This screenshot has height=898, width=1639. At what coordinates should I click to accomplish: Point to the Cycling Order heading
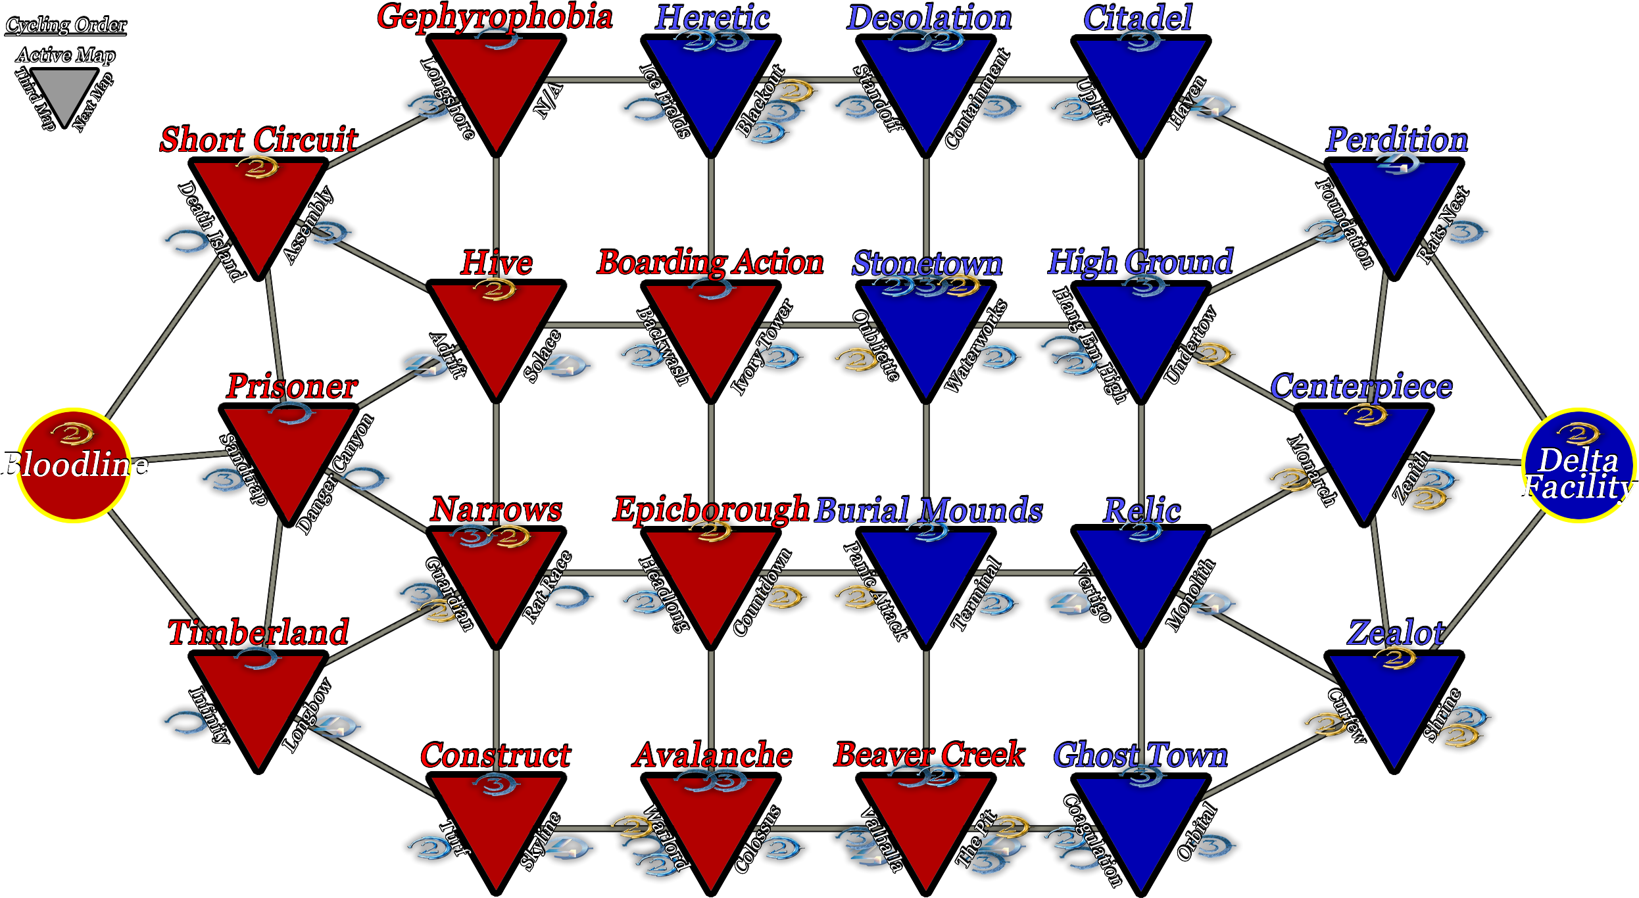[x=66, y=25]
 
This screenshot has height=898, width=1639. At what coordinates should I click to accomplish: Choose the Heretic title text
[x=712, y=18]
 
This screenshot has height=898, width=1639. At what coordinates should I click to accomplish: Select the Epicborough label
[x=711, y=509]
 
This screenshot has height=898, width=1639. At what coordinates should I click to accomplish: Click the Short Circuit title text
[x=258, y=140]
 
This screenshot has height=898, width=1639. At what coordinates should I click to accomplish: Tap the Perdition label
[x=1396, y=140]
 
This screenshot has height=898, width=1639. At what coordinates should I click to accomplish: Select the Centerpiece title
[x=1361, y=387]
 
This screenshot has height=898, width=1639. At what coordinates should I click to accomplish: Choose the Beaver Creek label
[x=929, y=755]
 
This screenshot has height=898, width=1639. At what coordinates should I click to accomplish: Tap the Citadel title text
[x=1138, y=18]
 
